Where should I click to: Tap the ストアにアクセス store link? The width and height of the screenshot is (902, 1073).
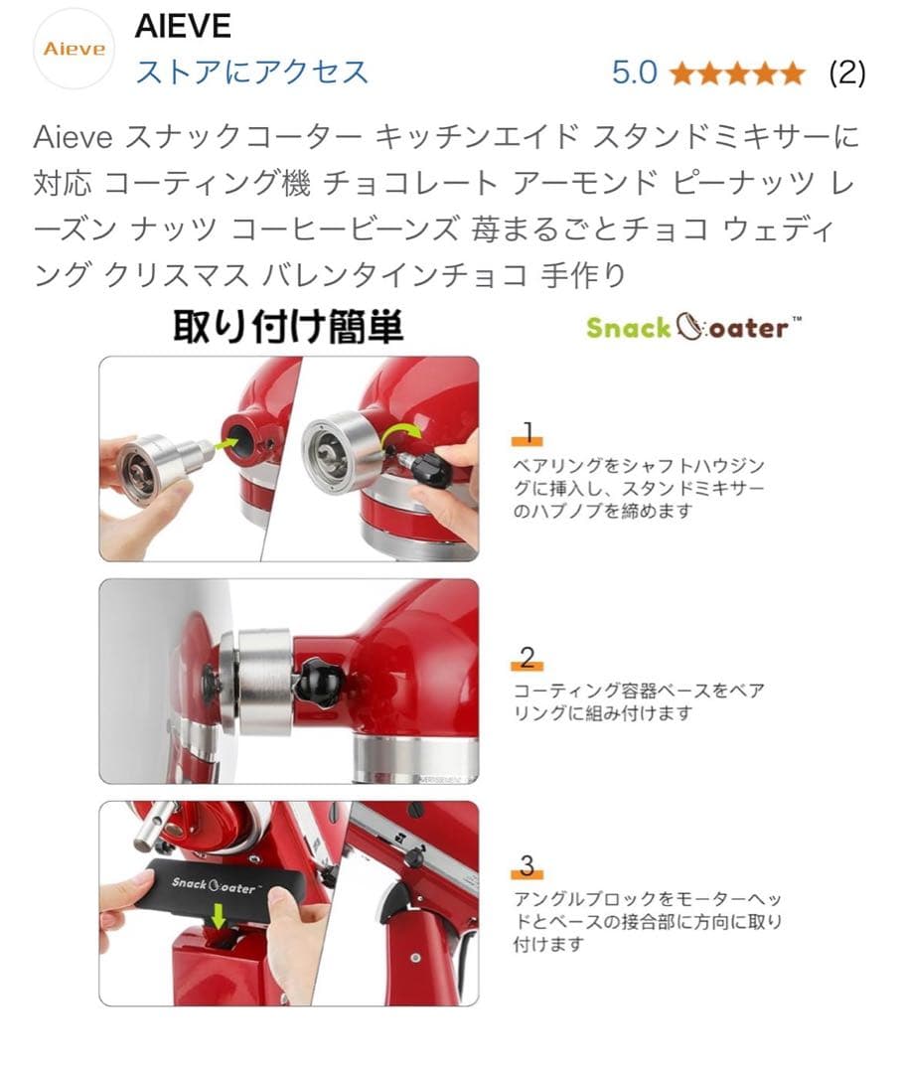pyautogui.click(x=250, y=72)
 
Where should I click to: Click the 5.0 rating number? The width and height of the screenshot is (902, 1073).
pyautogui.click(x=634, y=73)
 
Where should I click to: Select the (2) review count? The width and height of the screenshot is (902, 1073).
pyautogui.click(x=846, y=73)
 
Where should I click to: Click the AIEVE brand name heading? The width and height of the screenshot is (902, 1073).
pyautogui.click(x=183, y=27)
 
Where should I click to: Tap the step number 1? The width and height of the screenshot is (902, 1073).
pyautogui.click(x=527, y=432)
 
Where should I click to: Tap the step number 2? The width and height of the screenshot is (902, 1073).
pyautogui.click(x=527, y=657)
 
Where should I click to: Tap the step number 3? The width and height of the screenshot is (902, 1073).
pyautogui.click(x=527, y=865)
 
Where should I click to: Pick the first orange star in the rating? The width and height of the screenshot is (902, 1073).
pyautogui.click(x=681, y=74)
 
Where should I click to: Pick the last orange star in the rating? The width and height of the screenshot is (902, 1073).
pyautogui.click(x=793, y=74)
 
